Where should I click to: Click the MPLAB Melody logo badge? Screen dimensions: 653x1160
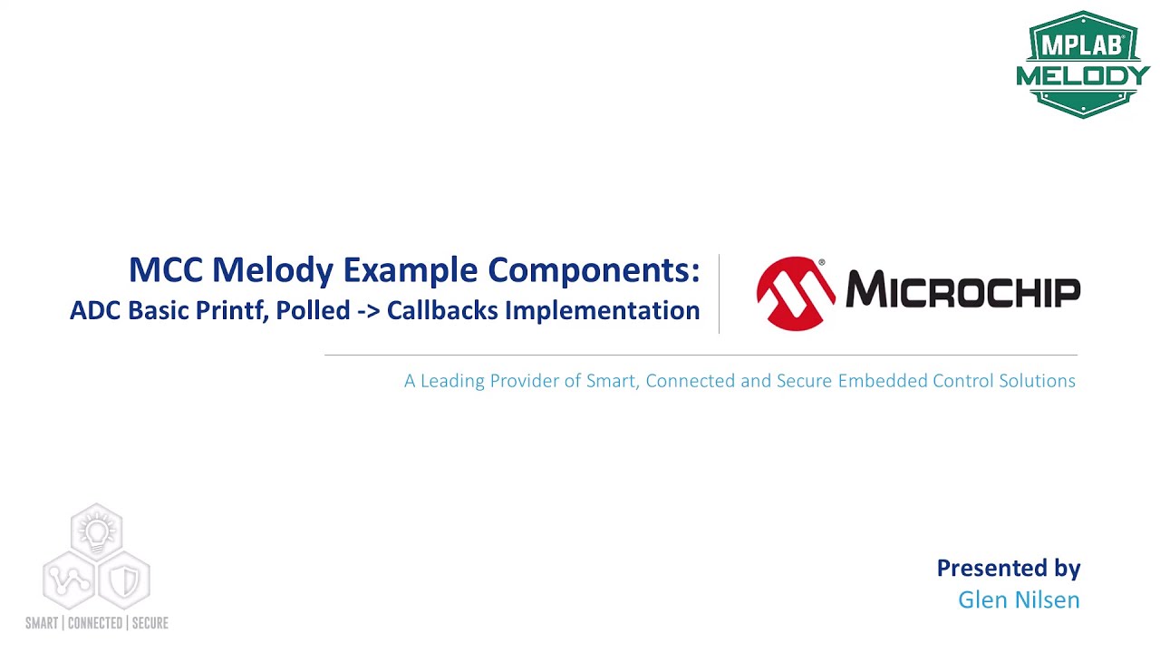(1083, 64)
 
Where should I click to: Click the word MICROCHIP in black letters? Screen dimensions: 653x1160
(962, 290)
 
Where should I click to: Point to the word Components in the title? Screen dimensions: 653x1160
(594, 270)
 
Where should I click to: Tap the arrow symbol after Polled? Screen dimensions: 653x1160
(368, 311)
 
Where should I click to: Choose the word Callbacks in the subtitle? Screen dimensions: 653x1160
(441, 310)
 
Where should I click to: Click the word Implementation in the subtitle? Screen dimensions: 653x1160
(602, 310)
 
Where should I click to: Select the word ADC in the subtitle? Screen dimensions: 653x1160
(95, 310)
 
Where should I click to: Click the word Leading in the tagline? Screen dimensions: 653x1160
(452, 381)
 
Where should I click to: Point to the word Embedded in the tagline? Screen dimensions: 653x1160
(876, 381)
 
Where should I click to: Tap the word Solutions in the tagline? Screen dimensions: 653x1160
(1037, 381)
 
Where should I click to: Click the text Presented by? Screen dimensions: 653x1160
(1008, 568)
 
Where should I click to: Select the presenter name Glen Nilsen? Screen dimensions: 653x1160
(1019, 599)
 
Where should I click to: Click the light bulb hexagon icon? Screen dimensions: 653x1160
(96, 530)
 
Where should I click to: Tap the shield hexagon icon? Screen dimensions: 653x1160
(124, 580)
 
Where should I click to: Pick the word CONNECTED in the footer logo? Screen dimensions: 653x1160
(95, 623)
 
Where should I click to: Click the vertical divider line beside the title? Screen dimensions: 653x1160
(719, 294)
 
